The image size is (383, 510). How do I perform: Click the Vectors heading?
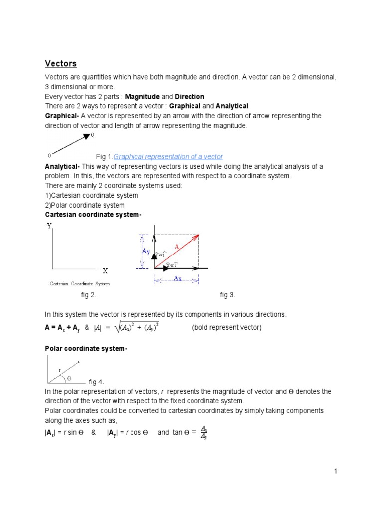[x=61, y=64]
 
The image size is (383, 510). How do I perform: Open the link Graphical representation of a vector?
[x=168, y=157]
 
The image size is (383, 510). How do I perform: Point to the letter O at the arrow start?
[x=49, y=155]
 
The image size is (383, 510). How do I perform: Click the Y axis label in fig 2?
[x=49, y=226]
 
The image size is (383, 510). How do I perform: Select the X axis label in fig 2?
[x=105, y=271]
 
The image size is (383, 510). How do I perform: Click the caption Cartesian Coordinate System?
[x=79, y=284]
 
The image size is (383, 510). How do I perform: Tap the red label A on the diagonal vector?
[x=177, y=246]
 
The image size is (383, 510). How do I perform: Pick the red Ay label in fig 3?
[x=146, y=252]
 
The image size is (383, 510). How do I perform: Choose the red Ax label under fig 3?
[x=178, y=279]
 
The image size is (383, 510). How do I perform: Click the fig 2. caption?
[x=88, y=295]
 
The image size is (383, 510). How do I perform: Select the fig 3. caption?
[x=227, y=295]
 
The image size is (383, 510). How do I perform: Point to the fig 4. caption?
[x=96, y=382]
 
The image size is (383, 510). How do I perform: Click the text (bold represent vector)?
[x=226, y=327]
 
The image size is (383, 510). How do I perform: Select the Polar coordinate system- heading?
[x=86, y=349]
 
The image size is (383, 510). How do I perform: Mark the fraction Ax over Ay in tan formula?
[x=203, y=432]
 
